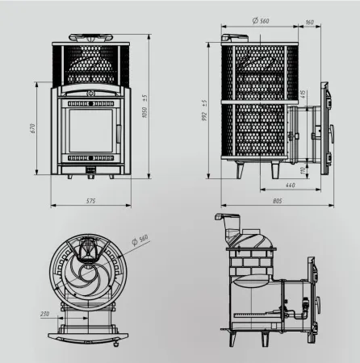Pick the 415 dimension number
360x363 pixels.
pos(303,98)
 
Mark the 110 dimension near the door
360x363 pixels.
pos(303,170)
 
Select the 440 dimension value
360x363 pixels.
pos(291,186)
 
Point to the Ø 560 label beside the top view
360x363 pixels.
pos(143,239)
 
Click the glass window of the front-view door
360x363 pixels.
pos(90,133)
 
